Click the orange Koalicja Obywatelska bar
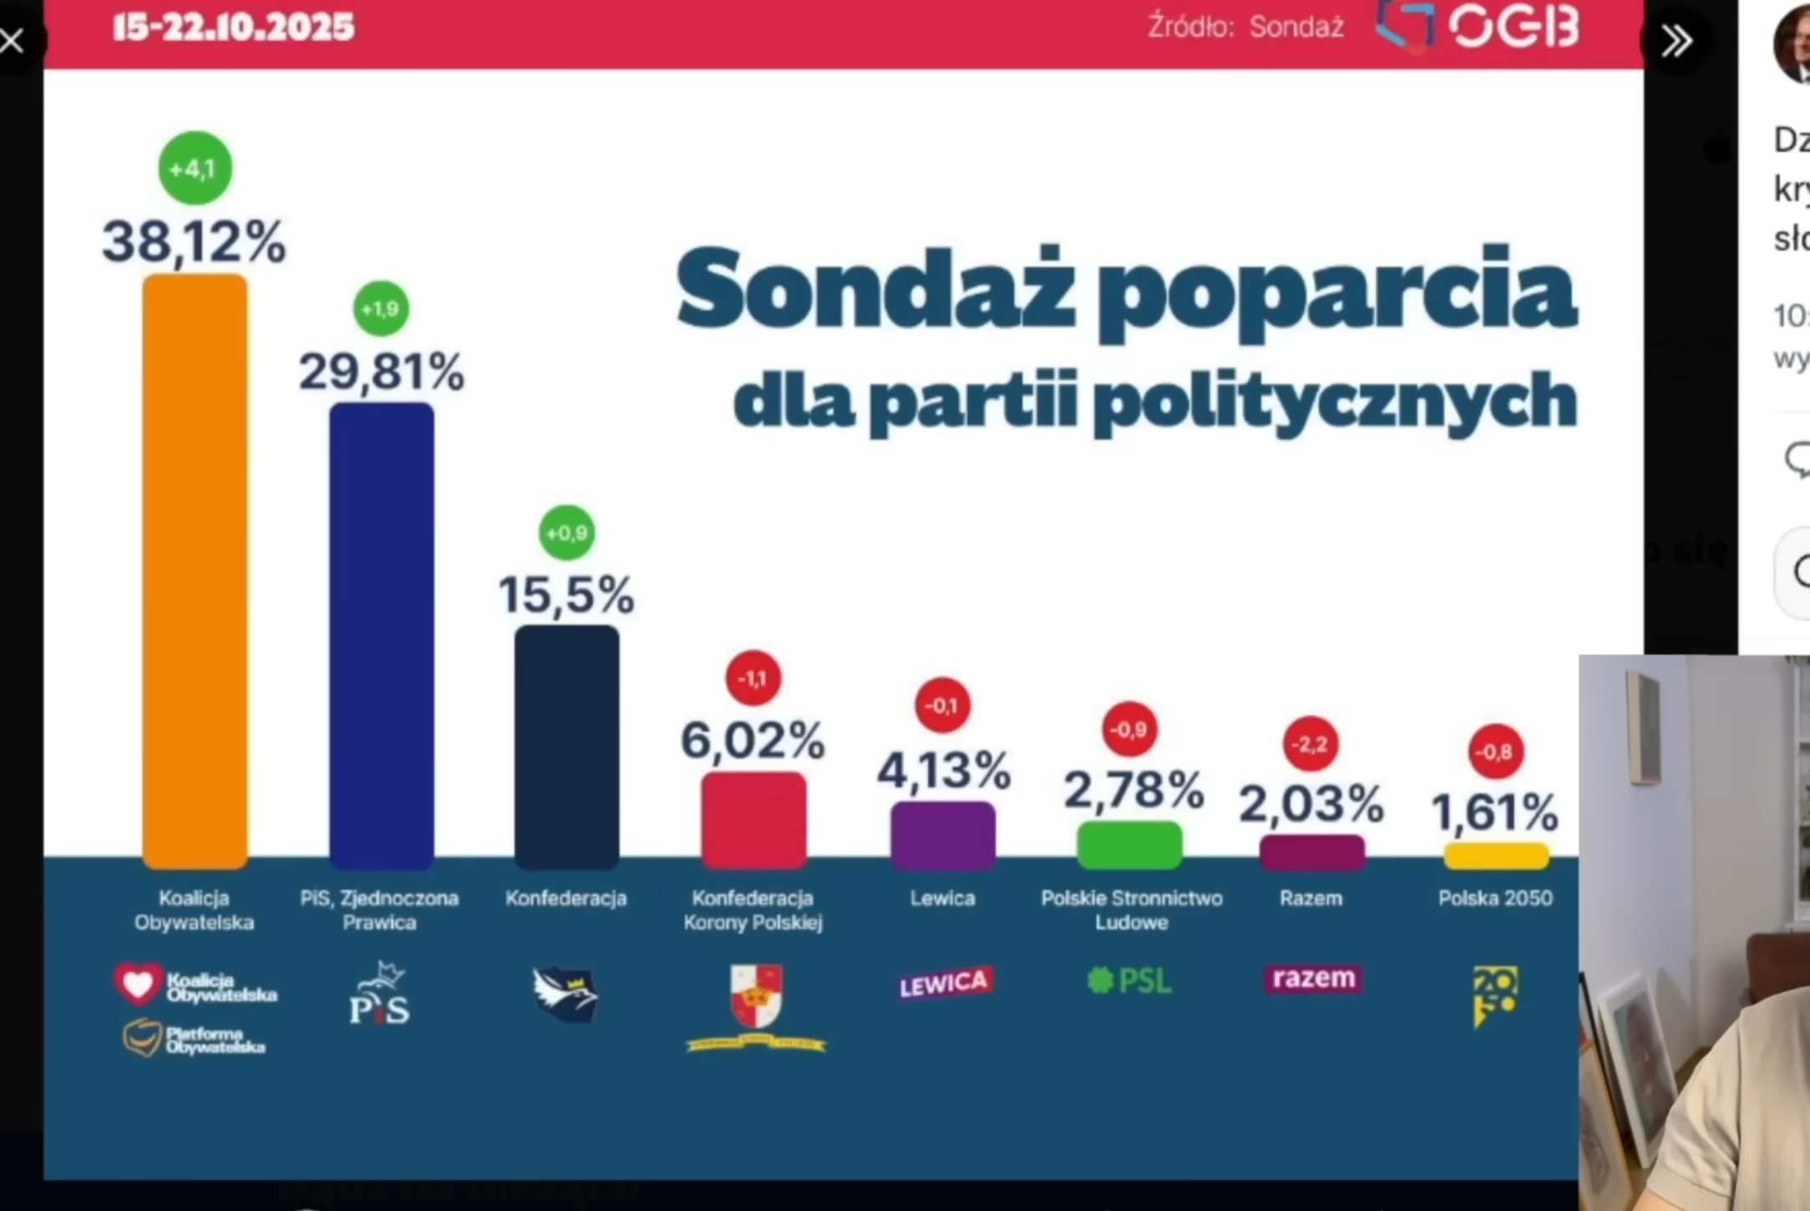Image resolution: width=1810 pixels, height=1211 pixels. (195, 571)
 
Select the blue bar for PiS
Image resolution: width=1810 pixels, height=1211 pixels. (382, 636)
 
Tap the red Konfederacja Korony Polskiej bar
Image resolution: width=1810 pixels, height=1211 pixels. (753, 819)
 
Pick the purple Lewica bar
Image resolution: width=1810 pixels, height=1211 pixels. (943, 834)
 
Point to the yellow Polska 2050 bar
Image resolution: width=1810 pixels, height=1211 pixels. (1496, 856)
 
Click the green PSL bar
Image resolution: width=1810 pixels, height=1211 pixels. (1129, 844)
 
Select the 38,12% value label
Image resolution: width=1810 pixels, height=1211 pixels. (194, 242)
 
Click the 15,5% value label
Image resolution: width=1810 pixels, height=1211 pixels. (566, 595)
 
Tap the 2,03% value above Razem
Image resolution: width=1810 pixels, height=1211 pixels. (1311, 804)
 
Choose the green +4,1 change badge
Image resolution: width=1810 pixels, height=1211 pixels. (195, 169)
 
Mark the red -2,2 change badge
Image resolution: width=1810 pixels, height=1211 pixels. (1310, 743)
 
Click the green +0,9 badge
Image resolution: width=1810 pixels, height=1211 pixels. (567, 532)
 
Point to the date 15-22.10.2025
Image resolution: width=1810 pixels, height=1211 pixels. (234, 28)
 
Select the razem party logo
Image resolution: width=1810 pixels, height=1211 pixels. (1312, 978)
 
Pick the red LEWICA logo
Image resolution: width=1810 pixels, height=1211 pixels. (944, 983)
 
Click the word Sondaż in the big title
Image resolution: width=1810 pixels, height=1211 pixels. (875, 289)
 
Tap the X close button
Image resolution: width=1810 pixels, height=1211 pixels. (13, 40)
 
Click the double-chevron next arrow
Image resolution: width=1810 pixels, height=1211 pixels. (1676, 40)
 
